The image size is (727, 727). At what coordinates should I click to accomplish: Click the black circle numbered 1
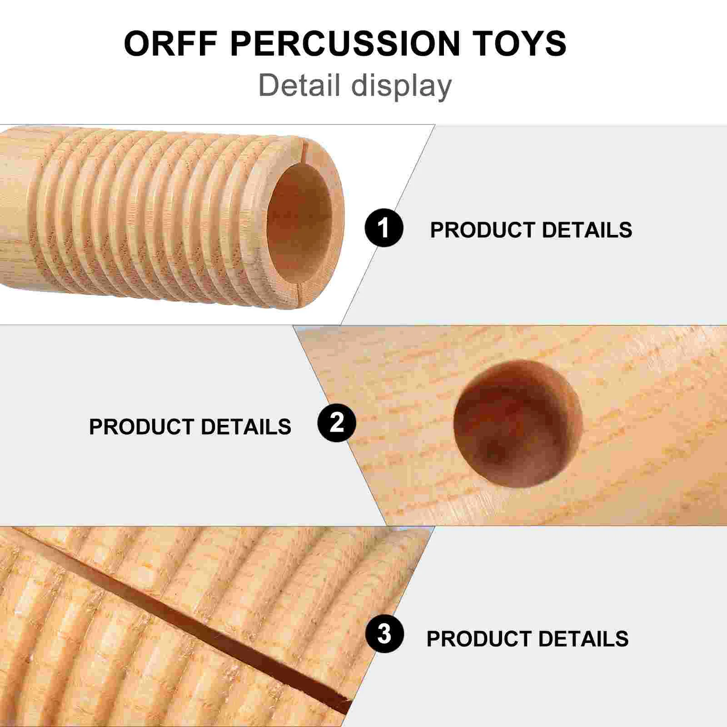pos(384,228)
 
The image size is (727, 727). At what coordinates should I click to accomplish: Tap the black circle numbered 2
pos(337,423)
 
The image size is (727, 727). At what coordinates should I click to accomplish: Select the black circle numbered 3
pos(384,633)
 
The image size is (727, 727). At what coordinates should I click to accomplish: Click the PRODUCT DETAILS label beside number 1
pos(531,230)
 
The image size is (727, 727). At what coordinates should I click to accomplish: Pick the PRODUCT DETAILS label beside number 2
pos(190,427)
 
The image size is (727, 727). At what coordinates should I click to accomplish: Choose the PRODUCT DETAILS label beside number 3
pos(528,638)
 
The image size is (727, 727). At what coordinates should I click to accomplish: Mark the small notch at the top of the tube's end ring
pos(305,144)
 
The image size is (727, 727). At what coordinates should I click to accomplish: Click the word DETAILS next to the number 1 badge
pos(587,230)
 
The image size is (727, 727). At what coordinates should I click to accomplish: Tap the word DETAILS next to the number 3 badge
pos(583,638)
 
